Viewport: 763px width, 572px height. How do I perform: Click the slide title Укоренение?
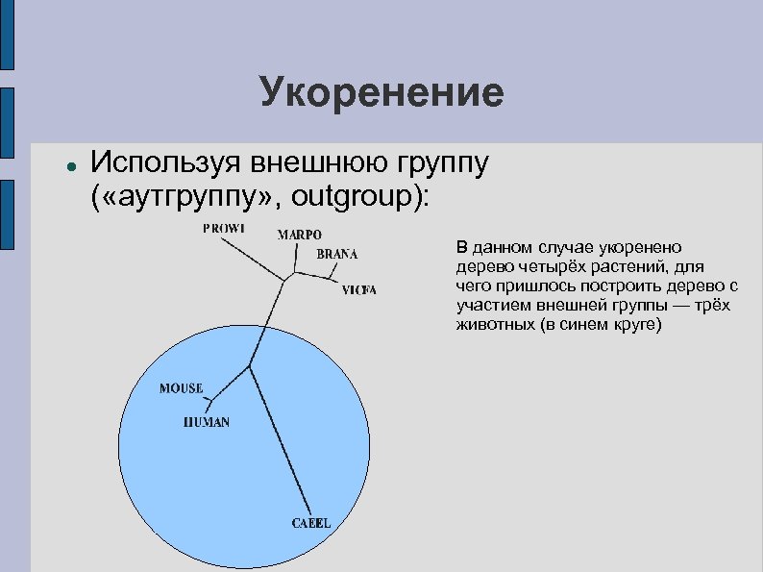[381, 93]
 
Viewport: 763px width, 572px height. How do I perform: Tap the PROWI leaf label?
[223, 228]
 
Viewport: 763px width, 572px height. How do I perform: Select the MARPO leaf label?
[300, 235]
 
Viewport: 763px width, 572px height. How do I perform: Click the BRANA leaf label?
[336, 254]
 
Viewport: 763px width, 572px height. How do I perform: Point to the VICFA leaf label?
[359, 289]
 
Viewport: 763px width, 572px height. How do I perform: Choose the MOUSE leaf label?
[181, 388]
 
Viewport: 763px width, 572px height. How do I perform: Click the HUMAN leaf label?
[207, 422]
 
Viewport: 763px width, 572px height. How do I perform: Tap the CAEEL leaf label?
[310, 523]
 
